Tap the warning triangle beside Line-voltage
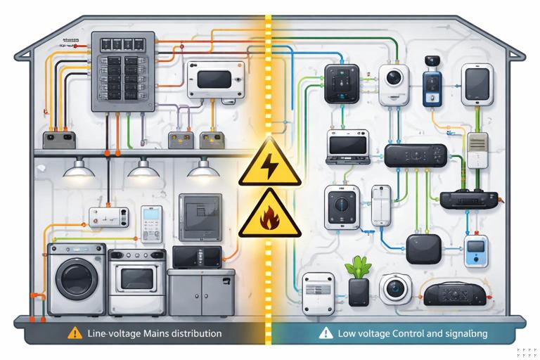(75, 333)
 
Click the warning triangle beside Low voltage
(325, 333)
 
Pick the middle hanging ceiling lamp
(143, 169)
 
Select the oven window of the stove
(136, 279)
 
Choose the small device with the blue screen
(475, 251)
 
